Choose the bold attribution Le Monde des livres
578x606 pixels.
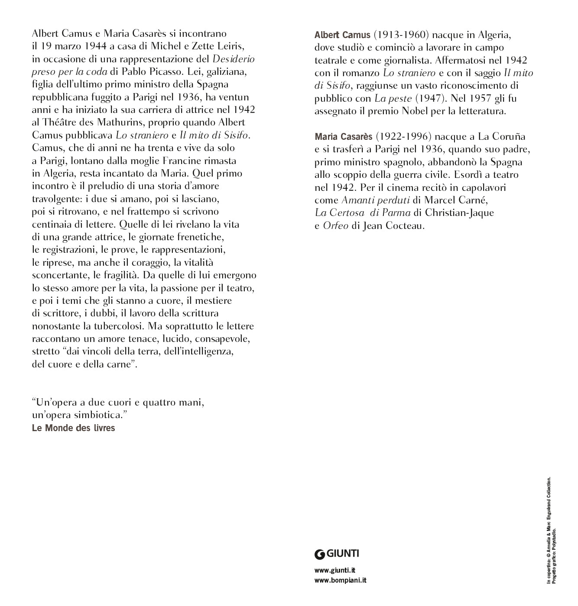click(x=74, y=428)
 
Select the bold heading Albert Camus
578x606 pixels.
click(x=342, y=35)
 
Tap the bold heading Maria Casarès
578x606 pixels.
click(x=343, y=137)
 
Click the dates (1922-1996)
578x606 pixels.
click(x=403, y=137)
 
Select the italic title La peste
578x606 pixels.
click(x=393, y=98)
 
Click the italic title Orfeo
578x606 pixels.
click(x=335, y=226)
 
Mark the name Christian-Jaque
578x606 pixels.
click(x=459, y=213)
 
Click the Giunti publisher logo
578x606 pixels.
click(x=337, y=554)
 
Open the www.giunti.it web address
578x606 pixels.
click(x=335, y=571)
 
